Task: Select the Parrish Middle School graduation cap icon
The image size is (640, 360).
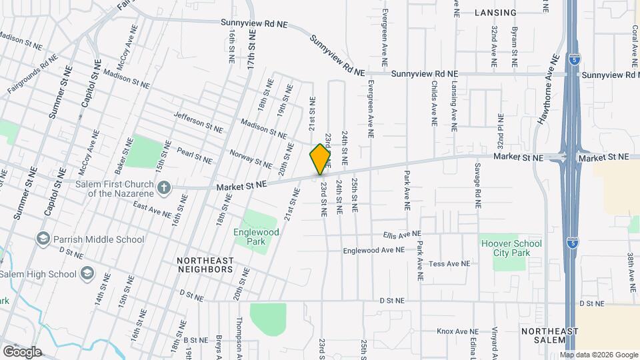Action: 43,239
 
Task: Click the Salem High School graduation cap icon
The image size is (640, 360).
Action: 87,273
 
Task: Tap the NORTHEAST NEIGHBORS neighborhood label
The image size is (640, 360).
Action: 205,265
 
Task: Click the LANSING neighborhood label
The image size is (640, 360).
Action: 495,13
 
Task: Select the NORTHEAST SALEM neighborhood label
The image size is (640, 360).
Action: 543,336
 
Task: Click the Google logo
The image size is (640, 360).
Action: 21,351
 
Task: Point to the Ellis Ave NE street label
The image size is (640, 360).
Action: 402,235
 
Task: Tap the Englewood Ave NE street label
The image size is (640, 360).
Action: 374,251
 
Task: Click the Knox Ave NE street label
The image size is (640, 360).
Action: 457,331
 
